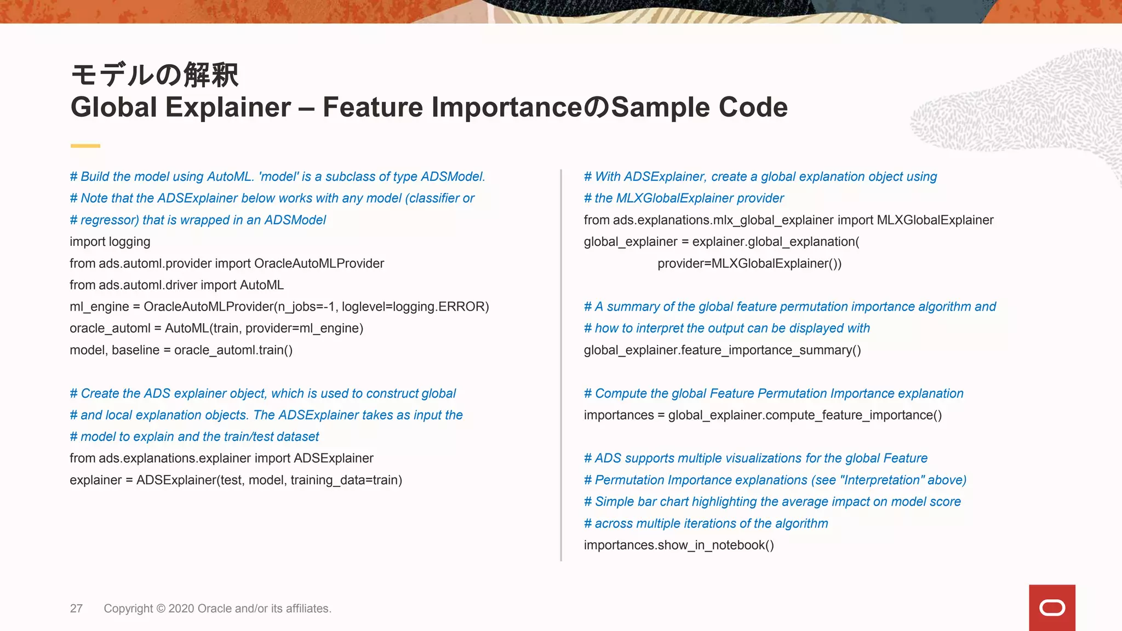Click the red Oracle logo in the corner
(x=1052, y=607)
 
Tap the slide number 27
(x=76, y=609)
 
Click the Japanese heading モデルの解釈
(x=155, y=75)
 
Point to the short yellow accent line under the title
(x=85, y=146)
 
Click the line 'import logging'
(x=110, y=242)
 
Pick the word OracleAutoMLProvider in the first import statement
(x=319, y=263)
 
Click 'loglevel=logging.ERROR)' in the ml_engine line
(x=415, y=307)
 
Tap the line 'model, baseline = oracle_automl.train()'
(x=181, y=350)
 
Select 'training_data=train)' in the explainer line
(x=346, y=480)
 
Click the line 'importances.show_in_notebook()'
(x=679, y=545)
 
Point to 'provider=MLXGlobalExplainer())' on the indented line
(x=749, y=263)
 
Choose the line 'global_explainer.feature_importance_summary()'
(x=722, y=350)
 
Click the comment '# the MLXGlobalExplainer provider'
(x=684, y=198)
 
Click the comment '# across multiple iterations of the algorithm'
(x=706, y=524)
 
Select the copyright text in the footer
(x=217, y=609)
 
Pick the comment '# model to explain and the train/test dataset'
(x=194, y=437)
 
